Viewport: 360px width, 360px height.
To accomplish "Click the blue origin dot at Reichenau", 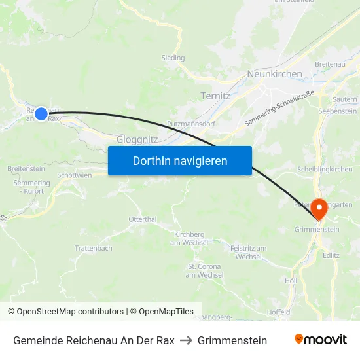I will click(41, 114).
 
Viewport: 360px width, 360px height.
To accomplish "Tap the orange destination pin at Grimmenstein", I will click(319, 209).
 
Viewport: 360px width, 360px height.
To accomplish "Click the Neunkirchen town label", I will click(274, 74).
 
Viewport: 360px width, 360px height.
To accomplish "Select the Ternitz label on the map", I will click(215, 96).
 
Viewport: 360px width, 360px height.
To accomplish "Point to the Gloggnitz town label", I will click(135, 139).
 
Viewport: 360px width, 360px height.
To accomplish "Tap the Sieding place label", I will click(173, 58).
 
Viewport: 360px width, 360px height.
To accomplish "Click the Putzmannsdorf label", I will click(191, 123).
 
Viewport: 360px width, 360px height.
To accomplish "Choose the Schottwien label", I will click(75, 175).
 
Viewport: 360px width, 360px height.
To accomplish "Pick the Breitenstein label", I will click(26, 168).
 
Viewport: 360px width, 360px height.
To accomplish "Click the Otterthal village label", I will click(143, 219).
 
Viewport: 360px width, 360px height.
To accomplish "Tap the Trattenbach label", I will click(94, 248).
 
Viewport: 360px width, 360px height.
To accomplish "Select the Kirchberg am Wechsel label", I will click(189, 238).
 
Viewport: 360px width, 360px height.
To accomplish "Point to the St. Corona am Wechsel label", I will click(204, 270).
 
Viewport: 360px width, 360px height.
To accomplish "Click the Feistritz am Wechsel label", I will click(248, 252).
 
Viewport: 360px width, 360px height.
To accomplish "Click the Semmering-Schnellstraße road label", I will click(279, 108).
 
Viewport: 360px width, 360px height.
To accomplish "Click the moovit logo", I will click(321, 340).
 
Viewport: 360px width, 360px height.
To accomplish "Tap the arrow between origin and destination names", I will click(186, 340).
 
